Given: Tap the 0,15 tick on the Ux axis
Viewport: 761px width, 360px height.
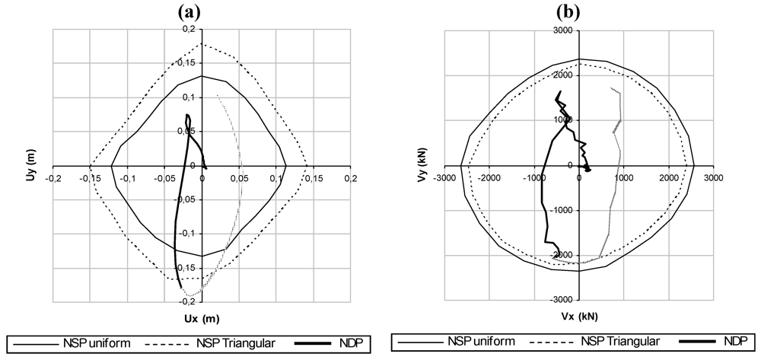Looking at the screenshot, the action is click(314, 179).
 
